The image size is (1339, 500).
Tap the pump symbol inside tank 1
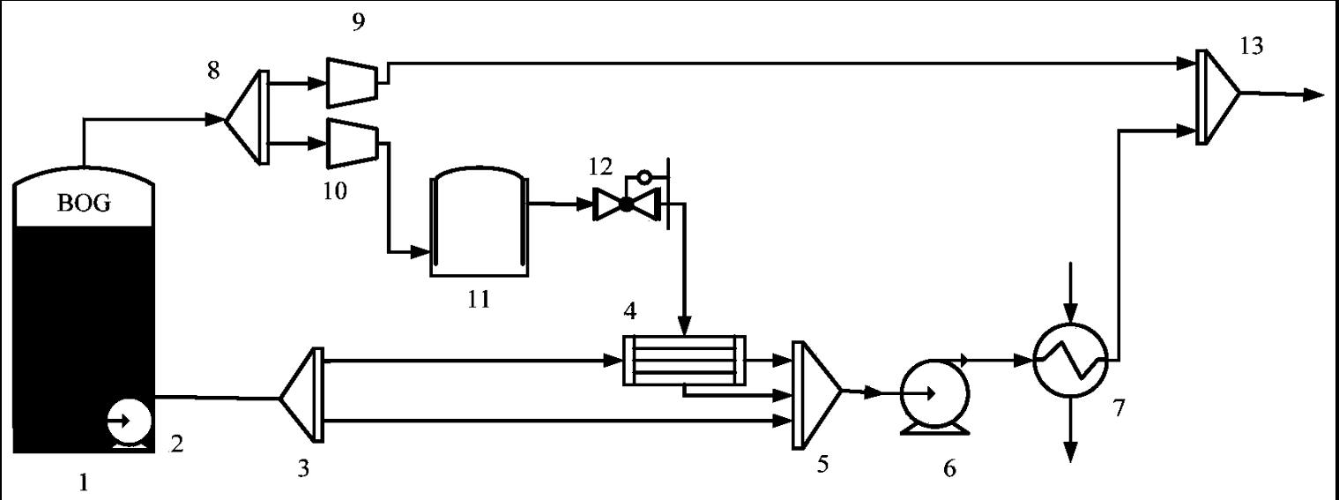pos(128,422)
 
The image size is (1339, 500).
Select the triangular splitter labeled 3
pos(300,396)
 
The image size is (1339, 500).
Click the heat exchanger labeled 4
pos(683,359)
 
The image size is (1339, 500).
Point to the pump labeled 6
pos(934,393)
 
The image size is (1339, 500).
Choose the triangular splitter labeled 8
pos(247,117)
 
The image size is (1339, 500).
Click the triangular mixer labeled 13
pos(1217,94)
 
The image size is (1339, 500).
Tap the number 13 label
pos(1250,46)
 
